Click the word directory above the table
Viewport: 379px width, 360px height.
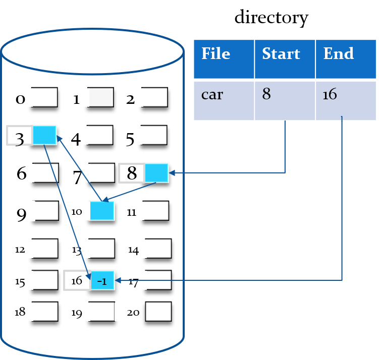click(272, 18)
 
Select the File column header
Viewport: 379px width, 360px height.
click(215, 54)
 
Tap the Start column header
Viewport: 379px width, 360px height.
click(281, 54)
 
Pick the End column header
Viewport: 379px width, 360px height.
click(338, 54)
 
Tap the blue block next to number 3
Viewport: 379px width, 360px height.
click(44, 136)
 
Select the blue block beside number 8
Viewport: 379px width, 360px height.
click(156, 173)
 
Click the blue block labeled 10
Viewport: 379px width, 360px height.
click(102, 211)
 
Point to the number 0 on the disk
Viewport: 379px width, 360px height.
click(20, 99)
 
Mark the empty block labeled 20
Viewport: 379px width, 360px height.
click(158, 311)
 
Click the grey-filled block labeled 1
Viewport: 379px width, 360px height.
click(100, 97)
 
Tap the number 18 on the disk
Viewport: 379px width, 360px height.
click(20, 312)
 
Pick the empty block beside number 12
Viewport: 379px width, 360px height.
click(45, 248)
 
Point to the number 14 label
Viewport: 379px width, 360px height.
click(133, 250)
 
